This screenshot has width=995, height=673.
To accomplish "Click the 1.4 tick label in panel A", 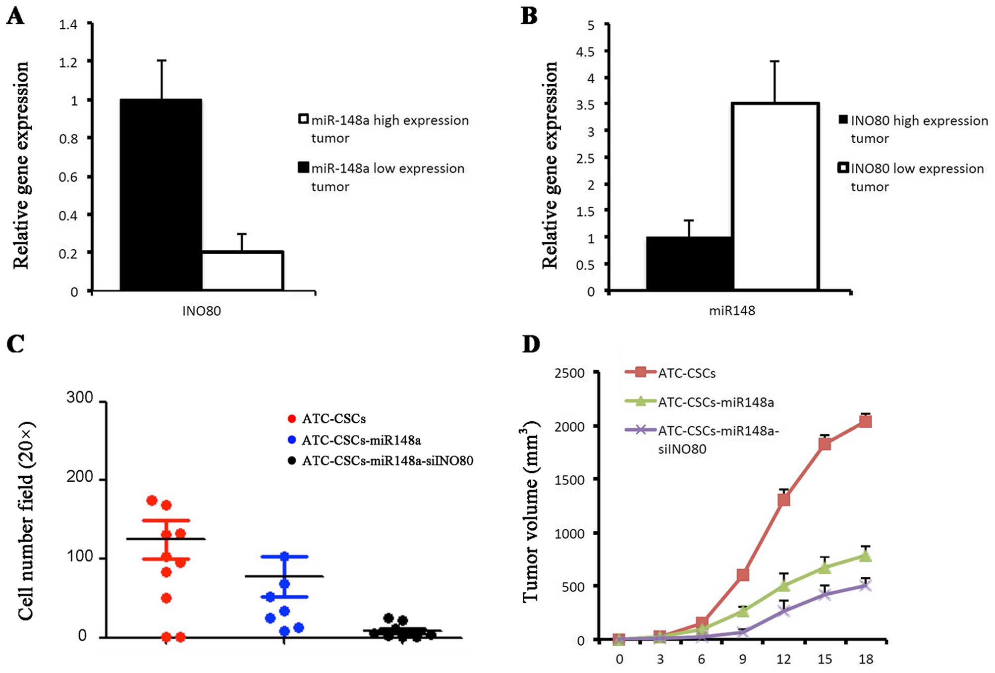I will pyautogui.click(x=68, y=24).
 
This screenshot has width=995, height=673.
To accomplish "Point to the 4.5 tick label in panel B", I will pyautogui.click(x=585, y=52).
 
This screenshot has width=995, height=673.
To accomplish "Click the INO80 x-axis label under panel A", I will pyautogui.click(x=201, y=311).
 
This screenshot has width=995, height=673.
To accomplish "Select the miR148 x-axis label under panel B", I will pyautogui.click(x=732, y=311).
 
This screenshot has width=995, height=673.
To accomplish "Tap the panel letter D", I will pyautogui.click(x=531, y=343).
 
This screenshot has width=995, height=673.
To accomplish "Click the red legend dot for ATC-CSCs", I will pyautogui.click(x=292, y=419).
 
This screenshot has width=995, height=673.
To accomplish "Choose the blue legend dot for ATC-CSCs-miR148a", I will pyautogui.click(x=292, y=440).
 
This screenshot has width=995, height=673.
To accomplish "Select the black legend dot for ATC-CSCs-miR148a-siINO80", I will pyautogui.click(x=292, y=461).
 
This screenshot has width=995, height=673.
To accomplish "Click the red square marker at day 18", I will pyautogui.click(x=866, y=421).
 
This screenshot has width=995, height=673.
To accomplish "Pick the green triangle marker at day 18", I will pyautogui.click(x=866, y=556).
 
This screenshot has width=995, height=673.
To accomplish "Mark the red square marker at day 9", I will pyautogui.click(x=743, y=575).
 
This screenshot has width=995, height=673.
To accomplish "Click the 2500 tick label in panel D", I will pyautogui.click(x=570, y=373).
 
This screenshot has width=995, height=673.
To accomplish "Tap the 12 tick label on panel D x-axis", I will pyautogui.click(x=783, y=659).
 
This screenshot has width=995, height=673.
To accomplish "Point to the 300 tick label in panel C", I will pyautogui.click(x=80, y=397).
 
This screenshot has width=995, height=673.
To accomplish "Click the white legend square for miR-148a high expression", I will pyautogui.click(x=303, y=119).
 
